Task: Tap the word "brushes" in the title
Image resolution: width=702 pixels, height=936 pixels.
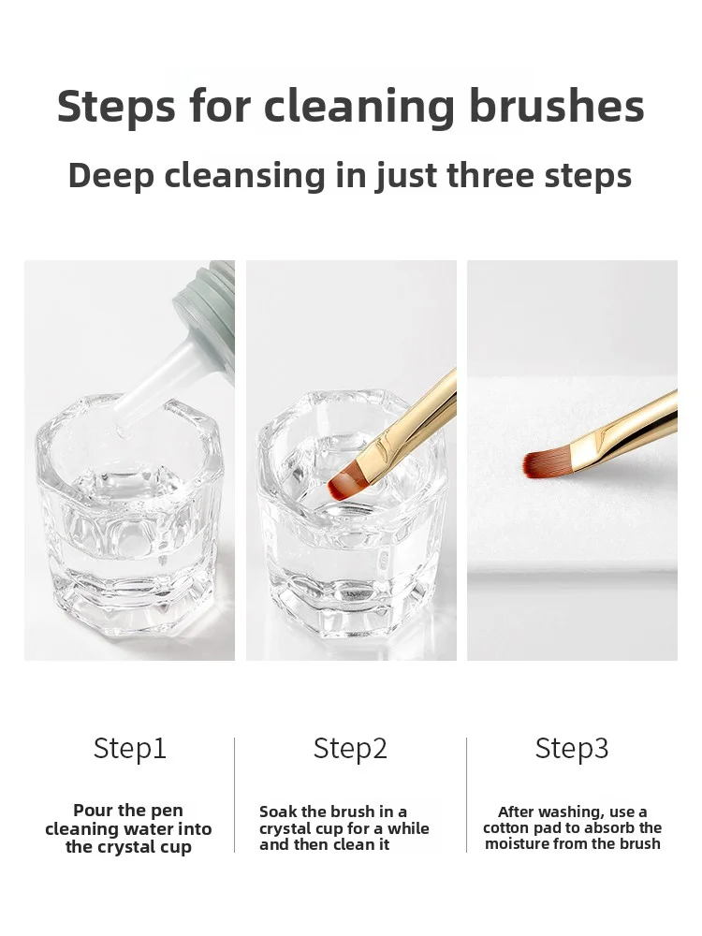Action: coord(557,107)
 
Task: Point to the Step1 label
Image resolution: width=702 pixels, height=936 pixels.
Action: coord(130,749)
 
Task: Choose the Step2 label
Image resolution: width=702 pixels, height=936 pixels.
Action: coord(350,749)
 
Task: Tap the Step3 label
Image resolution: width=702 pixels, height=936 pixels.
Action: coord(572,749)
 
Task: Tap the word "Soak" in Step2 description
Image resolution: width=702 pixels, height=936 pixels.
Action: coord(278,812)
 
